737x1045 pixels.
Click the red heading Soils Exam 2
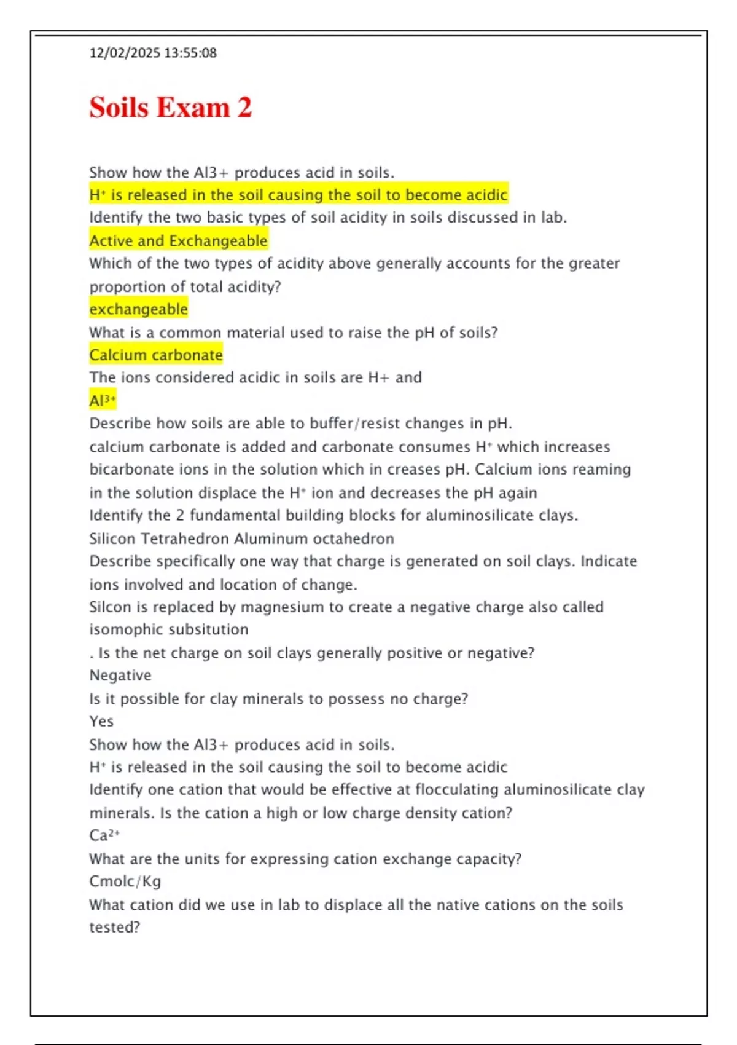pos(170,108)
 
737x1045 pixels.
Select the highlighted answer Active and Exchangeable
pos(178,240)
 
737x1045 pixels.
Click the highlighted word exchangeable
pos(138,309)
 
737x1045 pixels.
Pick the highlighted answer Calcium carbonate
pos(155,355)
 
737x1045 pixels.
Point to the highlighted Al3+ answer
pos(103,401)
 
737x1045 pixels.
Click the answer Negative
pos(120,676)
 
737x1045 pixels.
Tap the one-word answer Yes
pos(101,721)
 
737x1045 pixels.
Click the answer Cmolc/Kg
pos(125,881)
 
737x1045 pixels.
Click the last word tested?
pos(115,927)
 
